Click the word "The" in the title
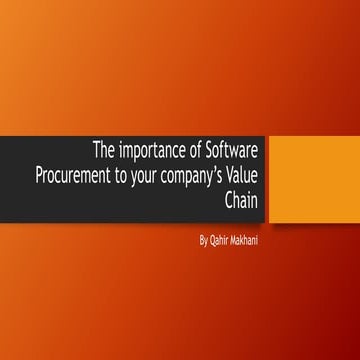point(104,152)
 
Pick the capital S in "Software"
point(219,152)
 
